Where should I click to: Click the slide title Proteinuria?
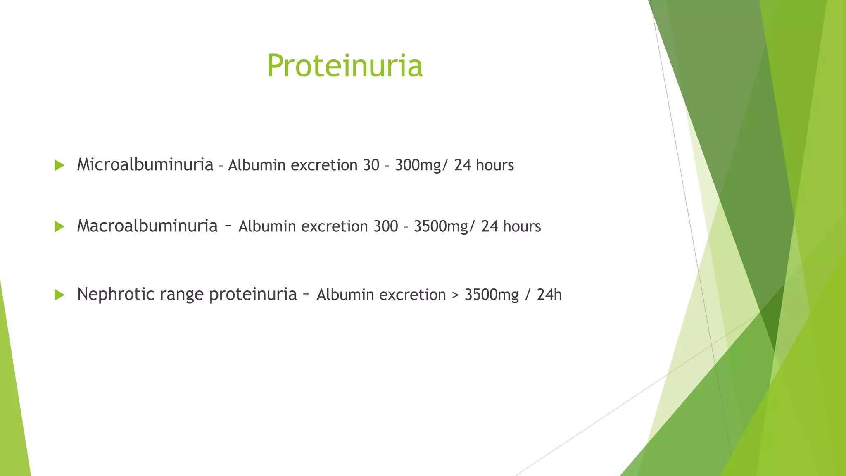tap(345, 66)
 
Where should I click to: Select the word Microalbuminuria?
tap(145, 165)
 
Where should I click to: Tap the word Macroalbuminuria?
tap(147, 226)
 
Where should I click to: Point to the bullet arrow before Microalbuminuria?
tap(59, 166)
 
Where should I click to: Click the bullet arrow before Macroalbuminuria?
tap(59, 226)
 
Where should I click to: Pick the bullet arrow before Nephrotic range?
tap(59, 295)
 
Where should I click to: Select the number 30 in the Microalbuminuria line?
tap(371, 165)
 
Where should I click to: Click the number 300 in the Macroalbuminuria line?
tap(385, 226)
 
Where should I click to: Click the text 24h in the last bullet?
tap(549, 295)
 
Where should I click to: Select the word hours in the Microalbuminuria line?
tap(494, 165)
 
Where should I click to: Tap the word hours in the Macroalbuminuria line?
tap(522, 226)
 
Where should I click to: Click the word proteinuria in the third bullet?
tap(253, 295)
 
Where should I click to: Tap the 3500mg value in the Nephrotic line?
tap(492, 295)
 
